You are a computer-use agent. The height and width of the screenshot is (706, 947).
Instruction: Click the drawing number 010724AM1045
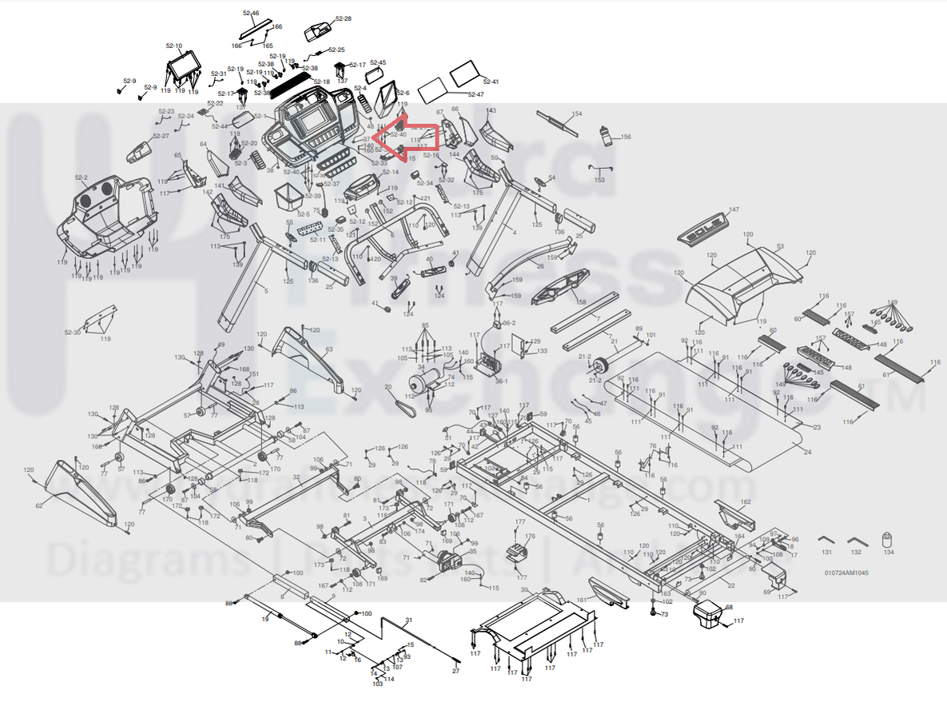[x=846, y=572]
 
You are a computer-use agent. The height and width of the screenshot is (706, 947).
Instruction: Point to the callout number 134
[x=889, y=552]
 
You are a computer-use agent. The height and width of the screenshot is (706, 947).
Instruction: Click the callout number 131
[x=826, y=552]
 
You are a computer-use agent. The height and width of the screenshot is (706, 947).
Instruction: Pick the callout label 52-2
[x=81, y=177]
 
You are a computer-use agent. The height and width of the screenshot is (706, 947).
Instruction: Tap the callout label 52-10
[x=173, y=46]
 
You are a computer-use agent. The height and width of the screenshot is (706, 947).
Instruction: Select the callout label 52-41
[x=491, y=82]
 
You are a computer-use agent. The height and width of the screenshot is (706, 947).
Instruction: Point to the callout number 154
[x=577, y=114]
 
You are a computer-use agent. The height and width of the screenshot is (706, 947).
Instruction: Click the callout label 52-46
[x=250, y=14]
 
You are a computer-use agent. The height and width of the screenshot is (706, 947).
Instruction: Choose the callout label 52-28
[x=343, y=18]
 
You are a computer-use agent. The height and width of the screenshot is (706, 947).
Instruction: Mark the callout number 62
[x=38, y=505]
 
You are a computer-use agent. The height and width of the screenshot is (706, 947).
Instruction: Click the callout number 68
[x=729, y=608]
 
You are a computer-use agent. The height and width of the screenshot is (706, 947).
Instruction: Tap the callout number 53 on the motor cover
[x=780, y=246]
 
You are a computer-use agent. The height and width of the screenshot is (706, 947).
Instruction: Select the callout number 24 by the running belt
[x=808, y=453]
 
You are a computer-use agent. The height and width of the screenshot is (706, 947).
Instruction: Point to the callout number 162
[x=746, y=502]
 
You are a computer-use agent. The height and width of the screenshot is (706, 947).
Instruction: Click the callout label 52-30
[x=72, y=332]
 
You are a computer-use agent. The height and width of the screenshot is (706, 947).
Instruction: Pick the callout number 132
[x=857, y=552]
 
